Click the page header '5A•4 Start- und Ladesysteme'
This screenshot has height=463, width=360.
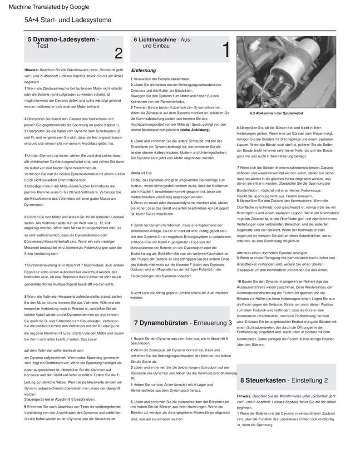click(68, 20)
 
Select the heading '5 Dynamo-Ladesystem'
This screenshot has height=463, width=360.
click(61, 39)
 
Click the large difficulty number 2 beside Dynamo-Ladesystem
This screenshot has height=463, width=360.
click(118, 54)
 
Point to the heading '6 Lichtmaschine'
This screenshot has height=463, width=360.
click(154, 39)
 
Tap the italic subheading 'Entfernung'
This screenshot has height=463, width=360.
click(143, 70)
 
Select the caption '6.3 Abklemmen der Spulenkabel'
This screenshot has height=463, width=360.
click(276, 113)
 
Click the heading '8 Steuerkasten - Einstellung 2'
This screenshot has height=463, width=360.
click(284, 380)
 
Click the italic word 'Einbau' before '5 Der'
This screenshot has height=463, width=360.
click(137, 173)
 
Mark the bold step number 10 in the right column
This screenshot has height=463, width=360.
click(239, 281)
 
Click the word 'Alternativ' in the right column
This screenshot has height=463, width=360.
click(245, 253)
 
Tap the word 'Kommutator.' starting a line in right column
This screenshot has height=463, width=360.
click(248, 339)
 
